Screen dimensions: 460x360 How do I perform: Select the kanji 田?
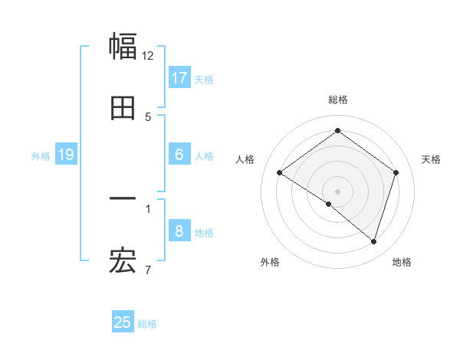tap(123, 108)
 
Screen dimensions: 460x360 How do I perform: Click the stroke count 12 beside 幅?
tap(148, 56)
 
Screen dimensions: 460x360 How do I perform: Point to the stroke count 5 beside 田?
tap(148, 117)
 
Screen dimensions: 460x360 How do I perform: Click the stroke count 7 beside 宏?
tap(148, 270)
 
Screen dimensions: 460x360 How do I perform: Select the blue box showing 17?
tap(179, 78)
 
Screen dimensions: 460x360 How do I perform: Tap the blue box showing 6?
tap(179, 155)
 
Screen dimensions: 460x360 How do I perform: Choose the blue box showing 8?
tap(179, 231)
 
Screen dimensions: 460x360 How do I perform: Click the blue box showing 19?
tap(66, 155)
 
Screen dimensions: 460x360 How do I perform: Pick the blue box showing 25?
tap(123, 322)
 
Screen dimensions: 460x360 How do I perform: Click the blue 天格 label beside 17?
tap(204, 79)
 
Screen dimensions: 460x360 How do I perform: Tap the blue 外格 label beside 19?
tap(41, 155)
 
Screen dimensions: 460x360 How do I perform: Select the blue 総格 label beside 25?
tap(147, 323)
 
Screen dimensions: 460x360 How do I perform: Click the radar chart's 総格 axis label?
tap(338, 100)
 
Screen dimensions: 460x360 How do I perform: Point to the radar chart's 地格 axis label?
tap(402, 262)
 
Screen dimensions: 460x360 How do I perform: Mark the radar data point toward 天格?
tap(396, 172)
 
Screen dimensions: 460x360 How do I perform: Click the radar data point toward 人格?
tap(280, 172)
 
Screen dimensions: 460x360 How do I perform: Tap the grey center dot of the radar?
tap(338, 191)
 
